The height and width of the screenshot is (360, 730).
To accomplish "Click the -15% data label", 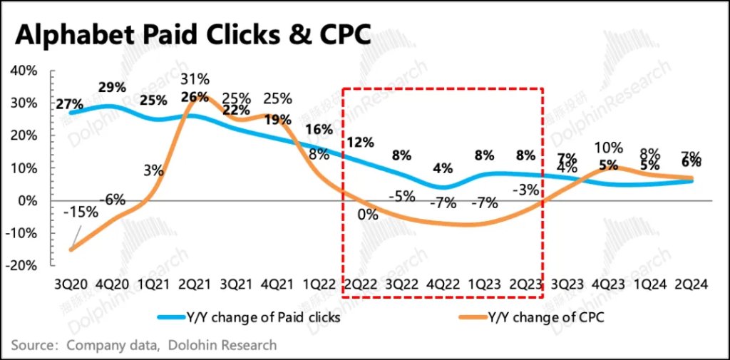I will click(80, 212).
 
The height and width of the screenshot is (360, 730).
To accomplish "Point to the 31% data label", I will click(195, 78).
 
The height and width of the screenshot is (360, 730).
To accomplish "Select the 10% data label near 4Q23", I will click(609, 149).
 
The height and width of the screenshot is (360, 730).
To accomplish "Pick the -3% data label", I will click(526, 190).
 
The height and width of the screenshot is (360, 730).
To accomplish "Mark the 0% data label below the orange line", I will click(368, 213).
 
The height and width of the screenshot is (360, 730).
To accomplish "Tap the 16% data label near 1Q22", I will click(319, 130).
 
